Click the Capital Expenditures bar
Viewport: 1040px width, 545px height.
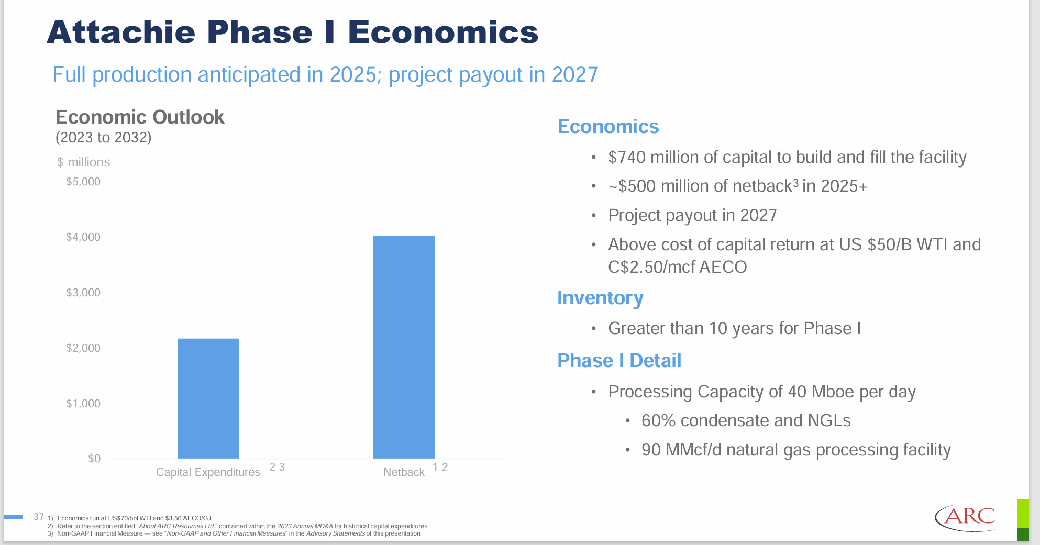coord(208,398)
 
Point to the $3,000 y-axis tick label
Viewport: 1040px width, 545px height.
coord(83,293)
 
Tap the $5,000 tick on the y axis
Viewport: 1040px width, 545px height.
coord(83,182)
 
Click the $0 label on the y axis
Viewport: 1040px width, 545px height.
coord(94,459)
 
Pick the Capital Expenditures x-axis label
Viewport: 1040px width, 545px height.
coord(208,472)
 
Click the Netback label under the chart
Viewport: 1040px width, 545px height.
coord(404,472)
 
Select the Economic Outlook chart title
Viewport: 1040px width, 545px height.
coord(140,117)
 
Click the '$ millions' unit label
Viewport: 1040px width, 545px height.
coord(84,162)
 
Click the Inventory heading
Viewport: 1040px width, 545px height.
coord(600,298)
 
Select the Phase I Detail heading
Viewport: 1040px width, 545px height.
coord(619,361)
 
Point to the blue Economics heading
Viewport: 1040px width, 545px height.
coord(608,127)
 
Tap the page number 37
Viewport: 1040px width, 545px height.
coord(39,517)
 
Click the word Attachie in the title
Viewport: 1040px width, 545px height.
coord(121,32)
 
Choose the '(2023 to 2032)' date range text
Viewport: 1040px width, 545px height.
coord(103,138)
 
